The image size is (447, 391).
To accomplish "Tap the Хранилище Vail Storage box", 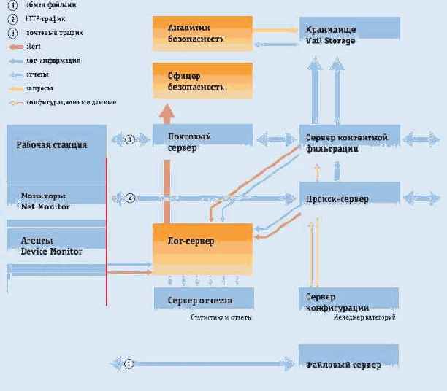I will (x=349, y=34).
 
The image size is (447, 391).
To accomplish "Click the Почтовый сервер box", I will (x=202, y=139).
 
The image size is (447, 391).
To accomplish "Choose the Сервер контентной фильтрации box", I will (x=349, y=142).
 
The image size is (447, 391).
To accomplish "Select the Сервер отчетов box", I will (x=203, y=299).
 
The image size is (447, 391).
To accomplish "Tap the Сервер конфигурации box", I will (x=348, y=301).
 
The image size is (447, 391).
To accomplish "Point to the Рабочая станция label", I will (x=52, y=144).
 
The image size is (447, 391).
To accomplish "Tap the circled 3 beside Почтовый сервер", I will (x=130, y=139).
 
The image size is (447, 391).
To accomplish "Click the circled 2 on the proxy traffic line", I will (x=130, y=198).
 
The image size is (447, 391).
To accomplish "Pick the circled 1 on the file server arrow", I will (x=129, y=363).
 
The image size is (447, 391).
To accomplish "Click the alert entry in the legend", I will (x=33, y=46).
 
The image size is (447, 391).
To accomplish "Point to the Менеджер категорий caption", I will (x=364, y=317).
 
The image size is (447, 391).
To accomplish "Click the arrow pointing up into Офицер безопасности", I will (x=167, y=114).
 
